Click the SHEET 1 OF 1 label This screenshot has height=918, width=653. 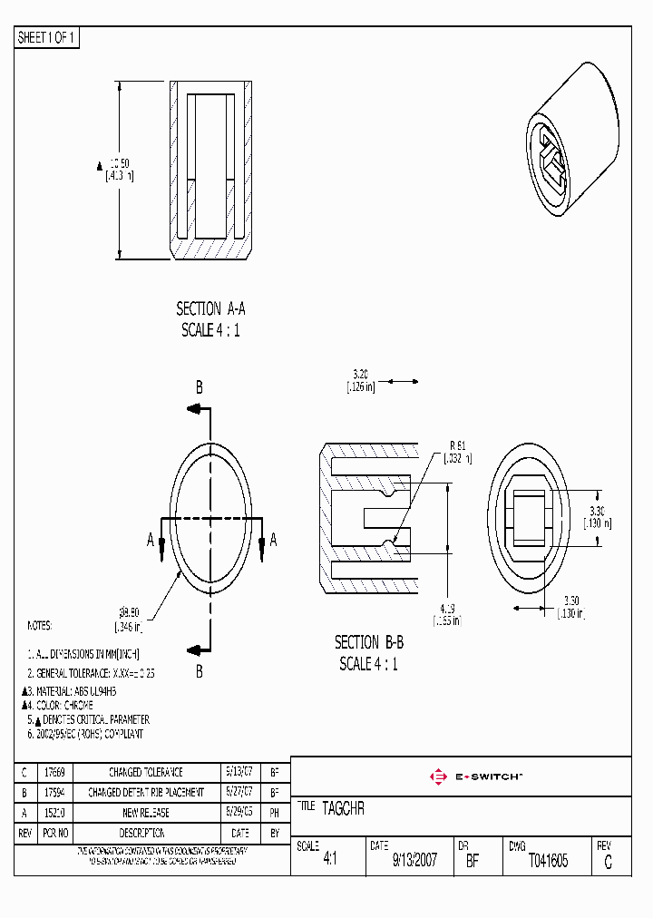[47, 38]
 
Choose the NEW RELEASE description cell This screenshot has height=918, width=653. [145, 813]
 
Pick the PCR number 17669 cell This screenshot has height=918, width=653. [54, 772]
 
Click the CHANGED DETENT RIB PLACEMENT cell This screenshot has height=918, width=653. [145, 792]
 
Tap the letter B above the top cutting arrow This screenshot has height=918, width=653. [200, 387]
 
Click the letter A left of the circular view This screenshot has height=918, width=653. [151, 540]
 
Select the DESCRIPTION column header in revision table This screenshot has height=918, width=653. [145, 833]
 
